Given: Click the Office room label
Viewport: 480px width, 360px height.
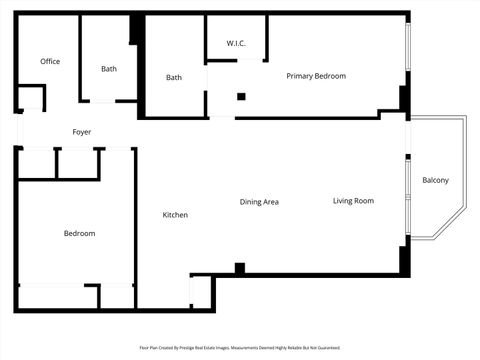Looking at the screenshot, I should (50, 62).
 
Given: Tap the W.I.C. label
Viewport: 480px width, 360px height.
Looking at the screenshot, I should (236, 43).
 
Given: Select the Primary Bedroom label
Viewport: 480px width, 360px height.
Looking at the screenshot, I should (316, 76).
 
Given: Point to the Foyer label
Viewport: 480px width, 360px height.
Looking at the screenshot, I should (82, 132).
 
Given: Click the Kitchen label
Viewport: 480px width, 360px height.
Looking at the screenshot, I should (175, 215).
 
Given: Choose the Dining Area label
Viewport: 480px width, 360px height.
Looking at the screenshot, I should (259, 202).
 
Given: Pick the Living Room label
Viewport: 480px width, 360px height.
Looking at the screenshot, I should (353, 201).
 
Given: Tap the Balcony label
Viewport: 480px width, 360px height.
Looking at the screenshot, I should (435, 180).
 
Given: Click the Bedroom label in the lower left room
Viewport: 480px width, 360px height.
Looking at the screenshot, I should (79, 233).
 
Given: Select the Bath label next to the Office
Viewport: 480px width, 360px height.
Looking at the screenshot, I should (109, 69).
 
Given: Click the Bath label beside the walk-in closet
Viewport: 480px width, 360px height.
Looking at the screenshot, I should (174, 78).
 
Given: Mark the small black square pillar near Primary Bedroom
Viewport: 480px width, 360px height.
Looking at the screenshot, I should (241, 97).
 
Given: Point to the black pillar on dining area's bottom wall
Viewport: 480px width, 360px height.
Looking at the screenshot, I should (240, 268).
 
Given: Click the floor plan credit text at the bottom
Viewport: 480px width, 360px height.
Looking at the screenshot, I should (240, 348).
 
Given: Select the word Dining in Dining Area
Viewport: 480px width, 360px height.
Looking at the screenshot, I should (250, 202).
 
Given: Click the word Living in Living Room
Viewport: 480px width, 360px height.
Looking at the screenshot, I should (343, 201).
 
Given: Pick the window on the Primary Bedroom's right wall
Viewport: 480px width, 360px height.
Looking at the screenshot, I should (407, 45).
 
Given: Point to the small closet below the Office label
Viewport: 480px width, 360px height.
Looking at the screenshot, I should (31, 98).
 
